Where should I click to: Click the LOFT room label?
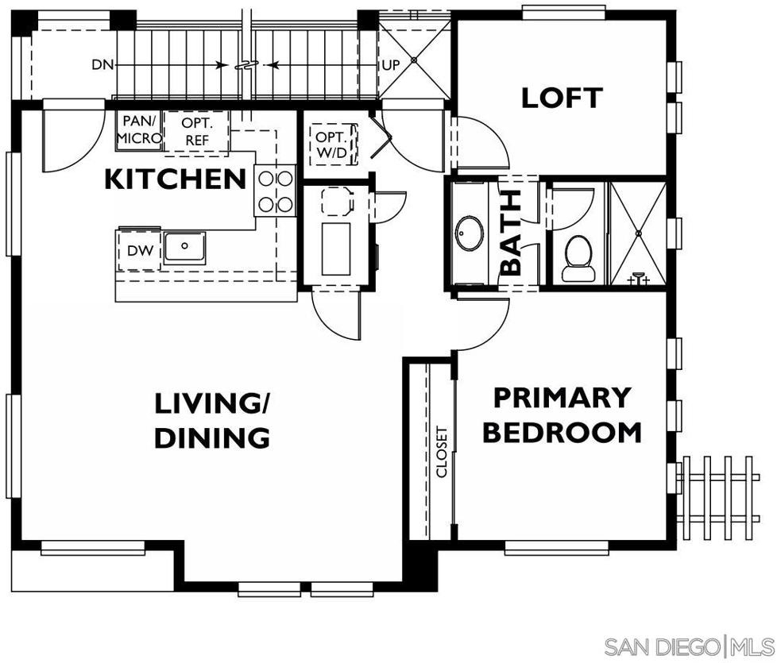click(x=562, y=98)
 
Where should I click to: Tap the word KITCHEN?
click(x=176, y=179)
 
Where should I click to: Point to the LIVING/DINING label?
click(x=212, y=420)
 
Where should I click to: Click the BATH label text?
click(x=510, y=233)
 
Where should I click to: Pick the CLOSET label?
click(x=442, y=452)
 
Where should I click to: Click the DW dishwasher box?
click(x=140, y=251)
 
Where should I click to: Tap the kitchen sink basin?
click(x=184, y=246)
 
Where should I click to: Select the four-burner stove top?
click(x=275, y=191)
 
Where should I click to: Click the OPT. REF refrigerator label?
click(x=197, y=132)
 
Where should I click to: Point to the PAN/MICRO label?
click(x=139, y=129)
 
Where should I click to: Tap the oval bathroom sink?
click(x=470, y=233)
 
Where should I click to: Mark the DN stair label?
click(x=102, y=64)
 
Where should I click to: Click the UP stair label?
click(x=390, y=65)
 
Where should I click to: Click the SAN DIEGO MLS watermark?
click(x=689, y=647)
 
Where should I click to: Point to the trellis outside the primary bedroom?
click(x=721, y=498)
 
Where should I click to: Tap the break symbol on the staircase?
click(x=246, y=65)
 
